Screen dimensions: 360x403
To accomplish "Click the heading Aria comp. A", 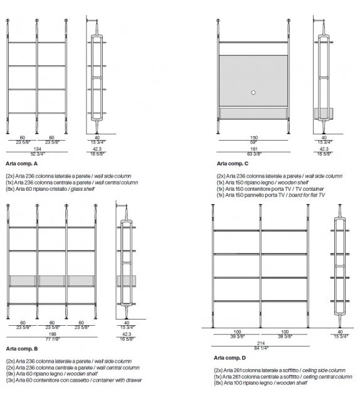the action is click(21, 164).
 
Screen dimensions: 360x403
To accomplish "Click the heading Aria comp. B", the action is click(22, 349).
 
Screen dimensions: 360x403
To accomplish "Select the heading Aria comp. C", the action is click(233, 164).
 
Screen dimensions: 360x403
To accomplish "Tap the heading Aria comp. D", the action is click(230, 358).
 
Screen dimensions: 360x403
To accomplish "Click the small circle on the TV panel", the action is click(253, 92).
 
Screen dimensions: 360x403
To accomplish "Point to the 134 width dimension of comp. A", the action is click(38, 149).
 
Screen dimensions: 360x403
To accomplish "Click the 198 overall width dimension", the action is click(53, 334).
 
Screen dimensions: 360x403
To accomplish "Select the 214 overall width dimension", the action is click(261, 343).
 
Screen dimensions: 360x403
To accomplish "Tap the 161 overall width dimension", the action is click(254, 149).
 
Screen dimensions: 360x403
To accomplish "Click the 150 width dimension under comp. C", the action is click(254, 137).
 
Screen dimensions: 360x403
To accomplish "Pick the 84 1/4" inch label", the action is click(261, 348).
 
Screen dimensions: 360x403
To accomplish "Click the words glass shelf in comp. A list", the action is click(83, 189).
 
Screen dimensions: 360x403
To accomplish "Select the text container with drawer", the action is click(117, 380).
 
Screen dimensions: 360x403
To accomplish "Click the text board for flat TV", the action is click(307, 195).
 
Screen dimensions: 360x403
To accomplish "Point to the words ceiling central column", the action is click(327, 377).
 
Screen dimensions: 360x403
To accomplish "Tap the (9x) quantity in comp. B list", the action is click(11, 374).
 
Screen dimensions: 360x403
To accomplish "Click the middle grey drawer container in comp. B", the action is click(52, 281).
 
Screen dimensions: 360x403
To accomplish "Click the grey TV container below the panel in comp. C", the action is click(253, 114).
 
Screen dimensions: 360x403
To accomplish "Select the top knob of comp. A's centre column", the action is click(37, 21).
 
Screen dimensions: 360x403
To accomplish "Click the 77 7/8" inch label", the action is click(53, 339).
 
